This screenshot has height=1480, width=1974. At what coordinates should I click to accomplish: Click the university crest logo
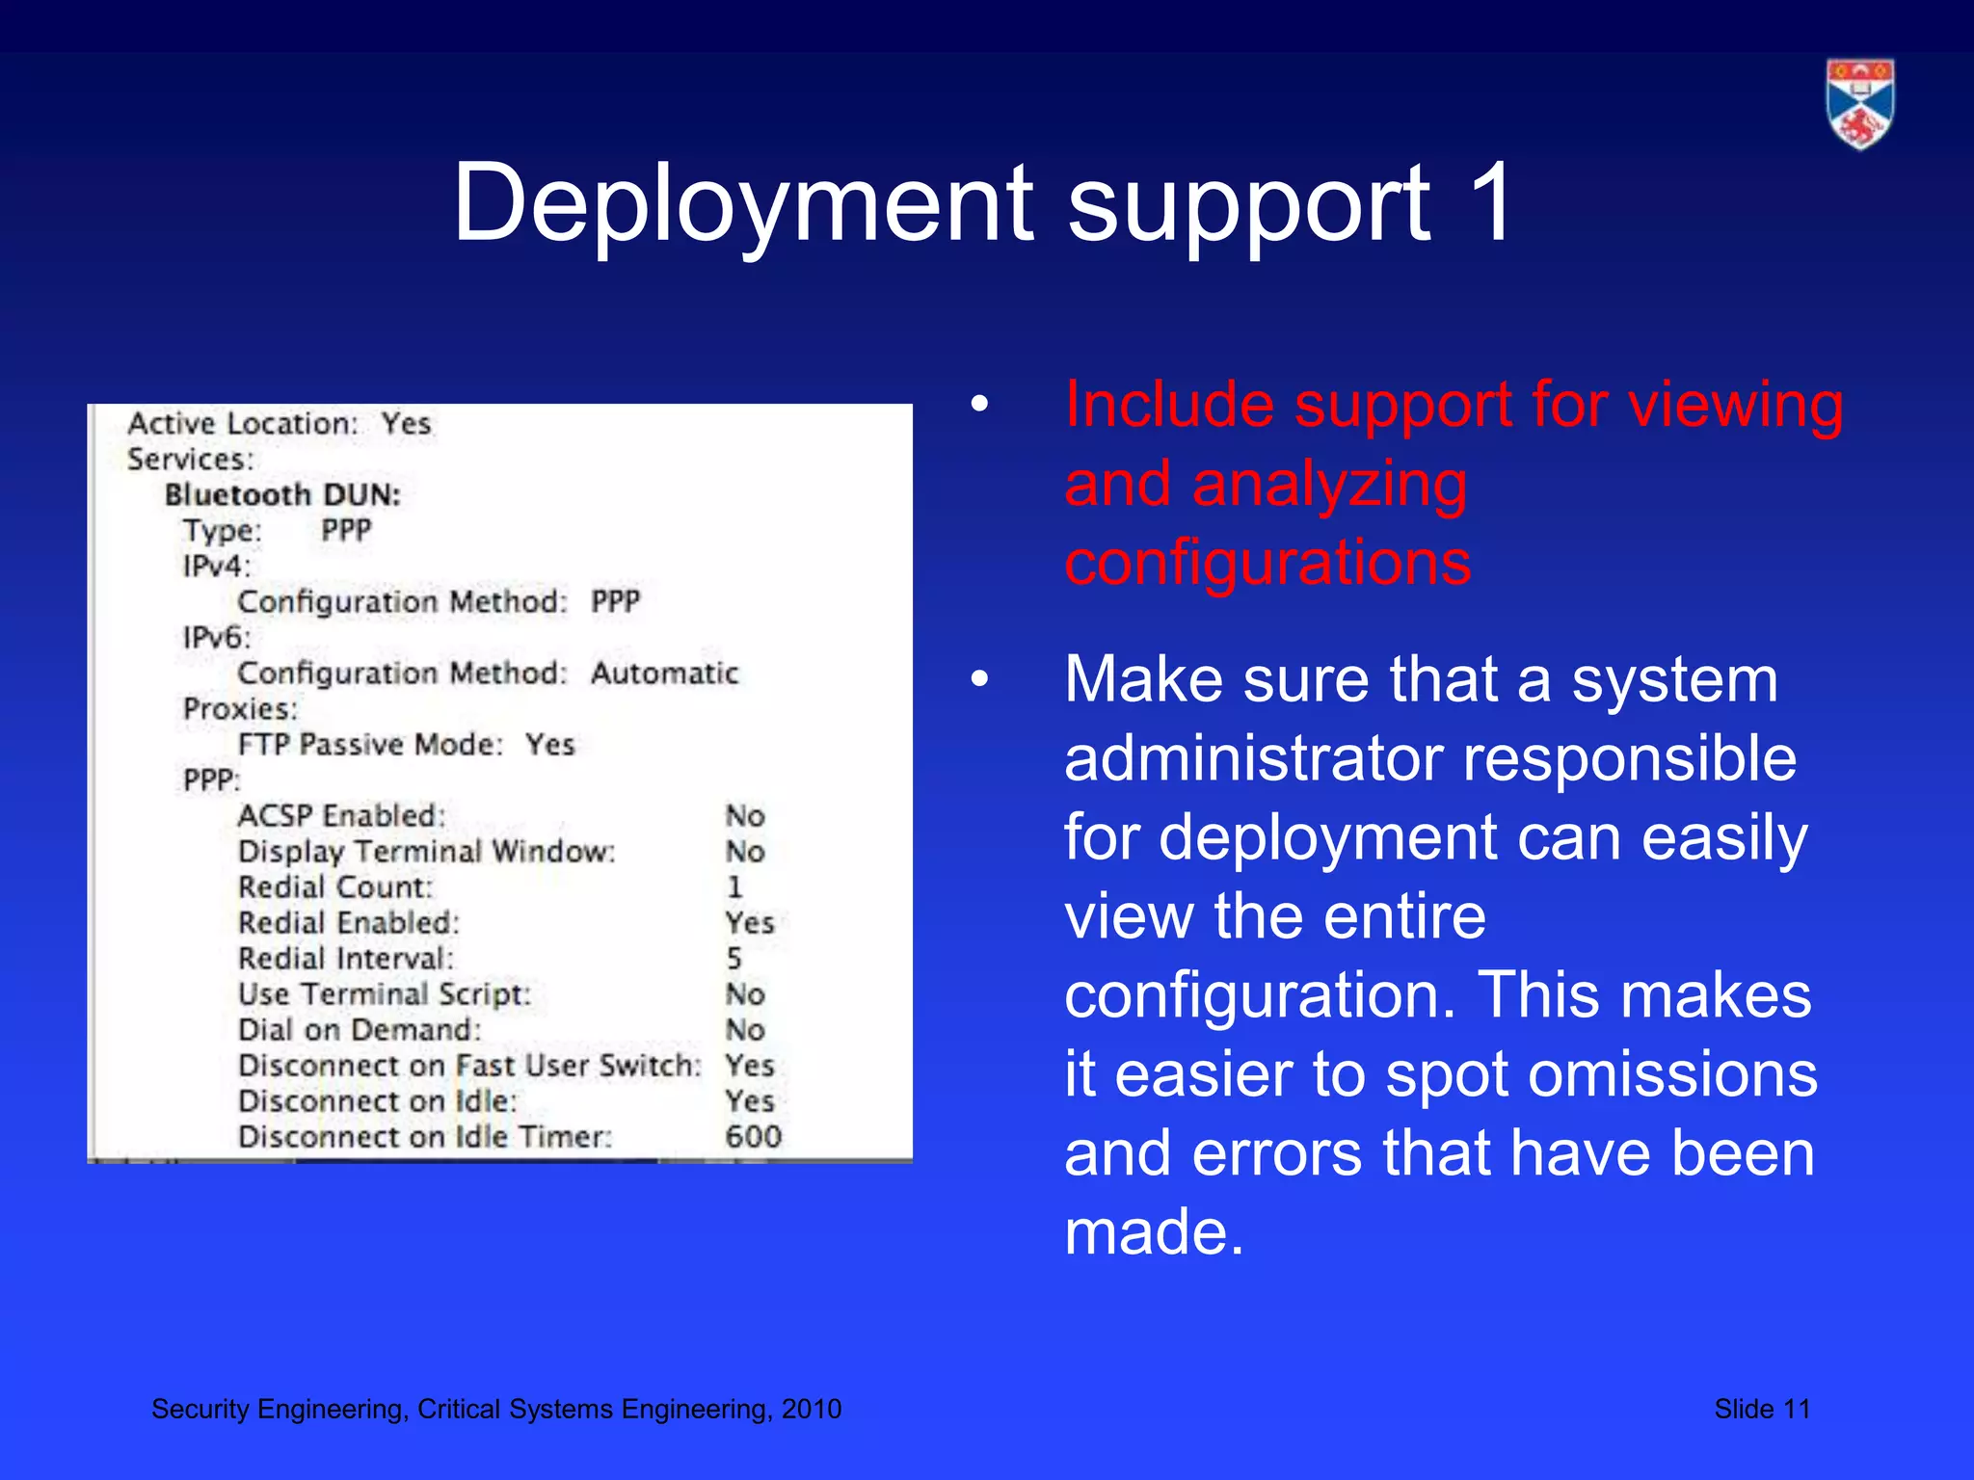click(x=1859, y=104)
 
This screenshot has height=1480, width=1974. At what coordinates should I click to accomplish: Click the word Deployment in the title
click(x=743, y=204)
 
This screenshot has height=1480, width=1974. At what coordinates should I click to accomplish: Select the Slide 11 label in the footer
click(x=1761, y=1409)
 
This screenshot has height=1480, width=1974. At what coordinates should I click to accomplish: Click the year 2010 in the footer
click(x=811, y=1409)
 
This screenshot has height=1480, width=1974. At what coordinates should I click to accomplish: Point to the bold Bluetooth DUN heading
click(x=282, y=495)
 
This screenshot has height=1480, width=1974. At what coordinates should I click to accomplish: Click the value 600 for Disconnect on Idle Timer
click(x=753, y=1137)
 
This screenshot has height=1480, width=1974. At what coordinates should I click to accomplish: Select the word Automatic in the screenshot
click(x=664, y=673)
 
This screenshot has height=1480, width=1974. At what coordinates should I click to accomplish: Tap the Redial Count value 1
click(x=734, y=887)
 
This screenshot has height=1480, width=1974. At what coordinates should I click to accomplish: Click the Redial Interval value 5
click(x=734, y=959)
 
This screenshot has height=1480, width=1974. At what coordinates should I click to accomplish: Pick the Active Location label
click(x=243, y=424)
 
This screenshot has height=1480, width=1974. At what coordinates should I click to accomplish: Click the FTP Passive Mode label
click(x=371, y=745)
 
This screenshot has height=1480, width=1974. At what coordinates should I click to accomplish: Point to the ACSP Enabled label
click(x=341, y=816)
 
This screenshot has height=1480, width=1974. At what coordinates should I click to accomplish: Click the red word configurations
click(x=1267, y=563)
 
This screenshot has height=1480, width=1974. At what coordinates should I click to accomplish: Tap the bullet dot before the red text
click(x=979, y=405)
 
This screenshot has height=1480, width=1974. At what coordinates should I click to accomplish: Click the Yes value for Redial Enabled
click(x=750, y=923)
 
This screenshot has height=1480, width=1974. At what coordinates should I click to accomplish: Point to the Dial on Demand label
click(x=360, y=1030)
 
